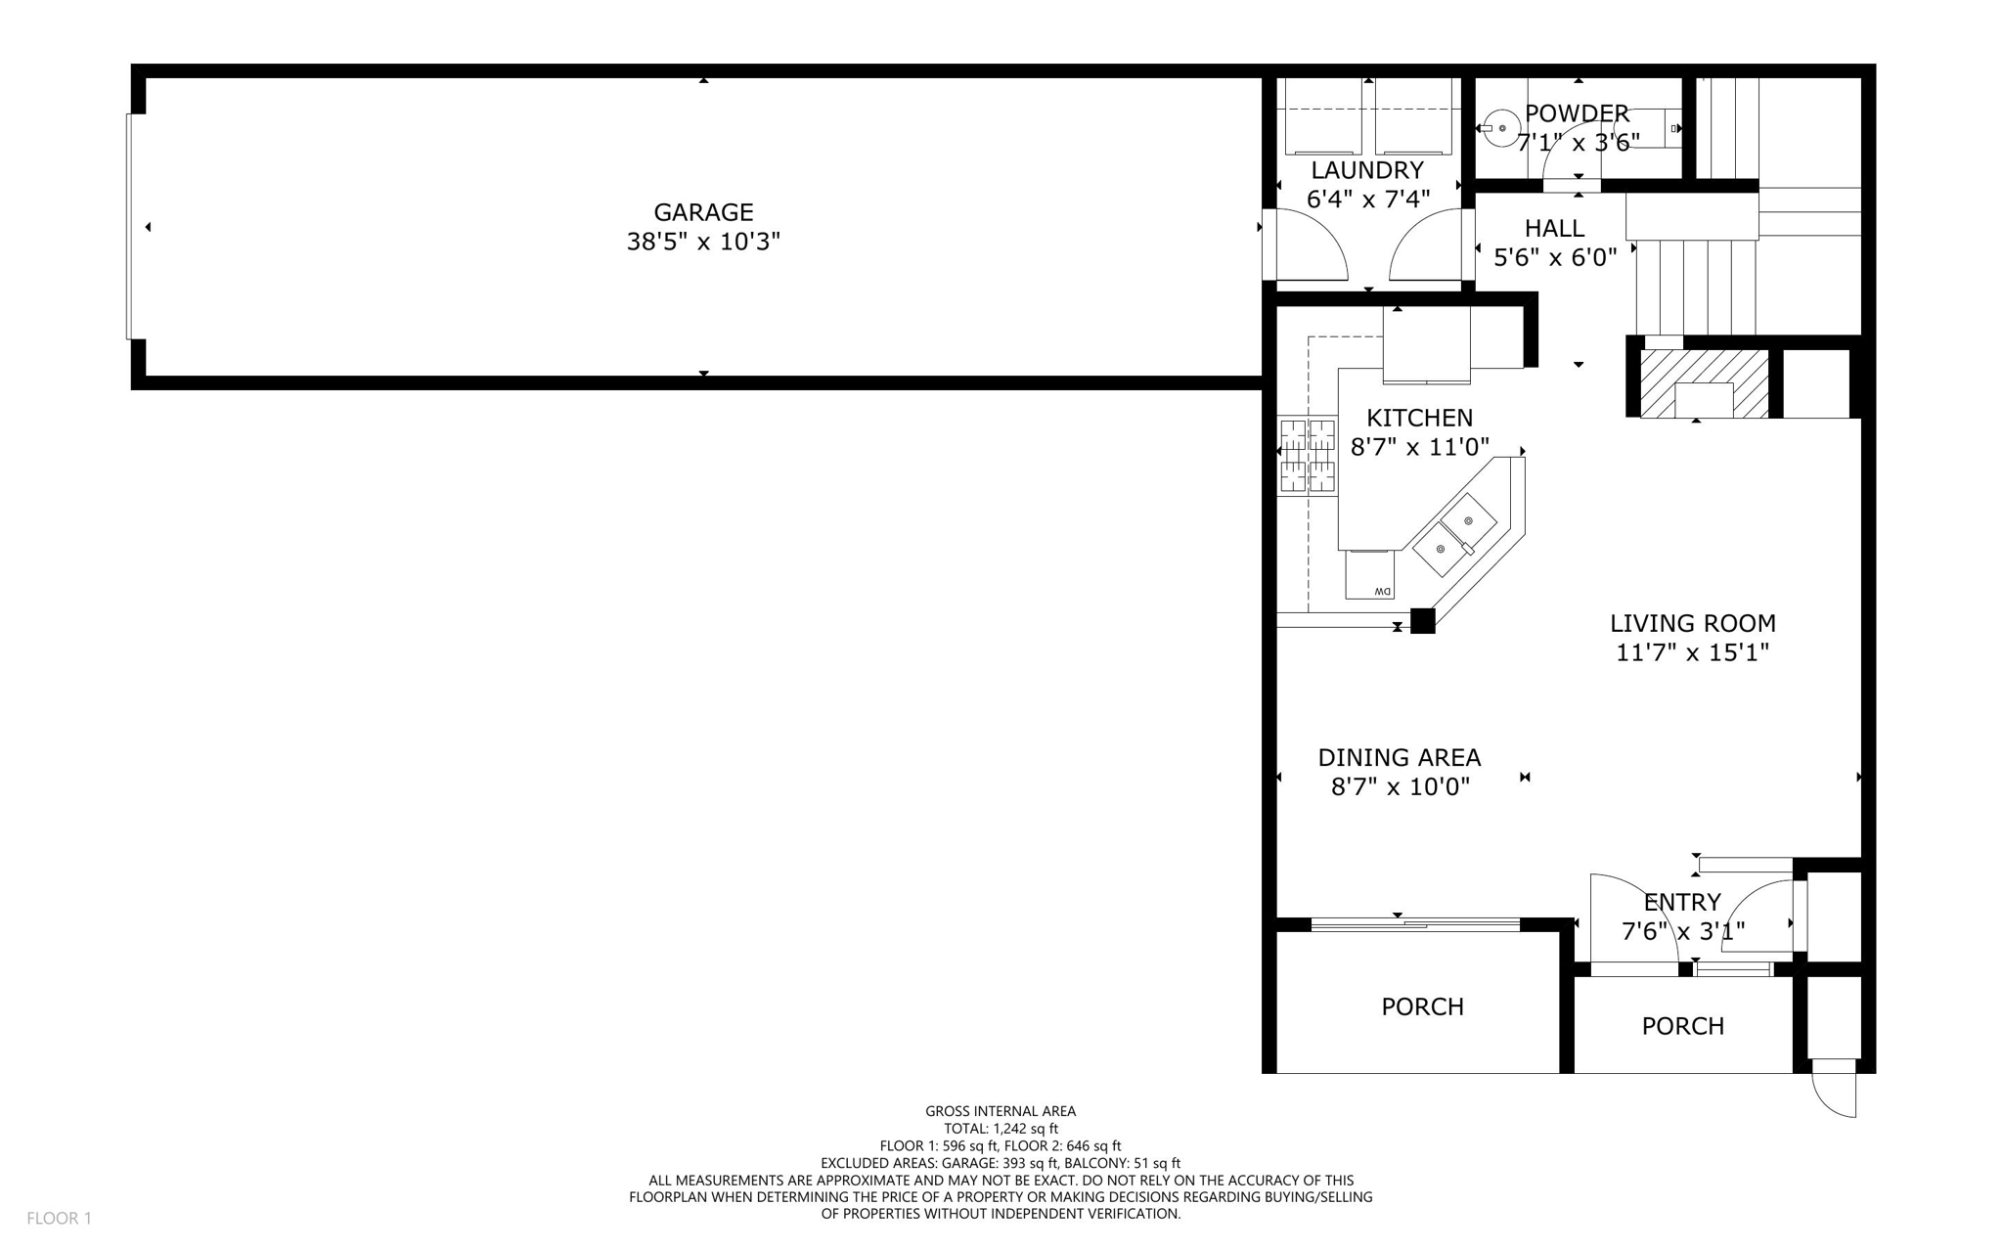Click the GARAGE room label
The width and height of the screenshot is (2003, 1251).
(x=703, y=212)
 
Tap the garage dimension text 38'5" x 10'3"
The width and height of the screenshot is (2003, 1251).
(x=703, y=242)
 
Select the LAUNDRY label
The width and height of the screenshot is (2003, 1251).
(x=1367, y=170)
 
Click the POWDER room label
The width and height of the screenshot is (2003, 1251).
(x=1577, y=113)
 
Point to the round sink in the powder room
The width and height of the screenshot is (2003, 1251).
(x=1501, y=128)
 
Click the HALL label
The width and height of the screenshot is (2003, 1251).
(x=1554, y=229)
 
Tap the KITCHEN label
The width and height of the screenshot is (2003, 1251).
(x=1419, y=418)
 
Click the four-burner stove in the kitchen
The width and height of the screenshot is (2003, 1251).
(x=1307, y=455)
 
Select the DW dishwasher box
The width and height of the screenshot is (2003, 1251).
(x=1370, y=575)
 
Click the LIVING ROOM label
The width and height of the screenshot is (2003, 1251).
(x=1692, y=623)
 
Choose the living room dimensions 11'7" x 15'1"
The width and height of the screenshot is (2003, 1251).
(x=1692, y=652)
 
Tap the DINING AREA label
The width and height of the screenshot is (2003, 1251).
(x=1399, y=757)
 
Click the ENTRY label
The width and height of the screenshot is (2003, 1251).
(x=1681, y=902)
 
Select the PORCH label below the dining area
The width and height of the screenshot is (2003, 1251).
(x=1422, y=1006)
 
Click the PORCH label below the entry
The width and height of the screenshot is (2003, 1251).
(x=1682, y=1026)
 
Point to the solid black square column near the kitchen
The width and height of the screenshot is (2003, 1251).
(x=1422, y=621)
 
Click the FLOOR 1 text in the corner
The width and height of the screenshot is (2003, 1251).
(x=59, y=1218)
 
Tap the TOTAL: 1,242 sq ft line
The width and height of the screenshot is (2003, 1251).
(x=1001, y=1129)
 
